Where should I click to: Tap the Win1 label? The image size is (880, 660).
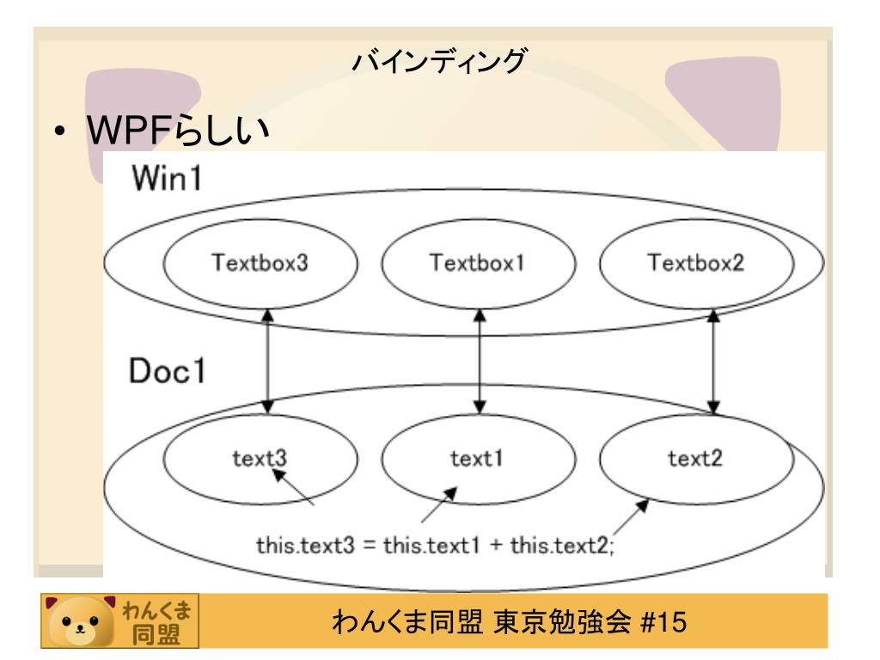[x=167, y=183]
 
